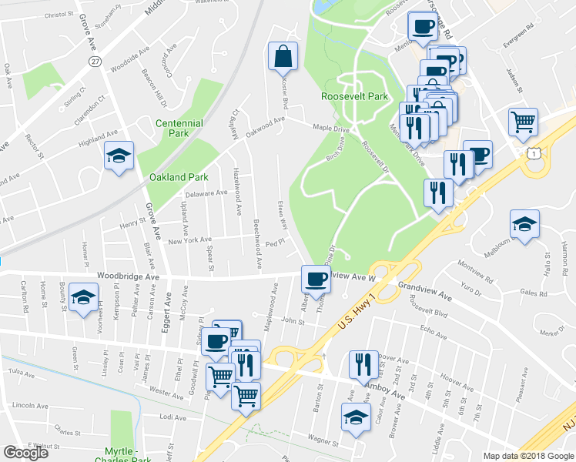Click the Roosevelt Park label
354,97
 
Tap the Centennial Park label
179,129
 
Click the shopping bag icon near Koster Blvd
283,56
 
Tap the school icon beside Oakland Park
119,157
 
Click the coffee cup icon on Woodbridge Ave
316,279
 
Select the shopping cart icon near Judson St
522,122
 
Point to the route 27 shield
95,61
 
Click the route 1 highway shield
533,154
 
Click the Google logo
26,453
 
